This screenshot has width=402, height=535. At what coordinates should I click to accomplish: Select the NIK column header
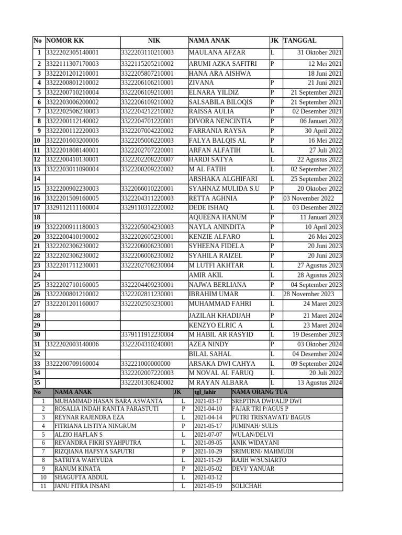[154, 41]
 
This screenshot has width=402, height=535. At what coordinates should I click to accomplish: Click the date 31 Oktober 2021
[319, 53]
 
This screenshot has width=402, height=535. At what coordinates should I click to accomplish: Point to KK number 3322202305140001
[73, 53]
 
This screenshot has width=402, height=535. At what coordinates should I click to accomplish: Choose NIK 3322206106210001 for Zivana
[147, 83]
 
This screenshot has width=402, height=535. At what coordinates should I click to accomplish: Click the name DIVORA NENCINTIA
[220, 121]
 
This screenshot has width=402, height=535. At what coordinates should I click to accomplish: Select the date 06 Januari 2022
[321, 121]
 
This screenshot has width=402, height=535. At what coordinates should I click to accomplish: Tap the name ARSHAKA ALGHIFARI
[222, 179]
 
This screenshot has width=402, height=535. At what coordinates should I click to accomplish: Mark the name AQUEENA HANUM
[217, 217]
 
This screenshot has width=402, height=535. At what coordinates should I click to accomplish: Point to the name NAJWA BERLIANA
[217, 285]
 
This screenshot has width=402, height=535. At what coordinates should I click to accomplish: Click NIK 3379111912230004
[147, 334]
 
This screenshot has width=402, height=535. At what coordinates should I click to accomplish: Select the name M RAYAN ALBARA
[218, 382]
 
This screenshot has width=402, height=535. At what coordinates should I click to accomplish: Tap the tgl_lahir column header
[205, 392]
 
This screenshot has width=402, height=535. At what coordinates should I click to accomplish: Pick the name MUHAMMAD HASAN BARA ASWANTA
[108, 401]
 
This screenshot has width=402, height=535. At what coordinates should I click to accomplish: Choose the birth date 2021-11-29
[208, 460]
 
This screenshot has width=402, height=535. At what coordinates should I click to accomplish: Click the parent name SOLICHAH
[247, 486]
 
